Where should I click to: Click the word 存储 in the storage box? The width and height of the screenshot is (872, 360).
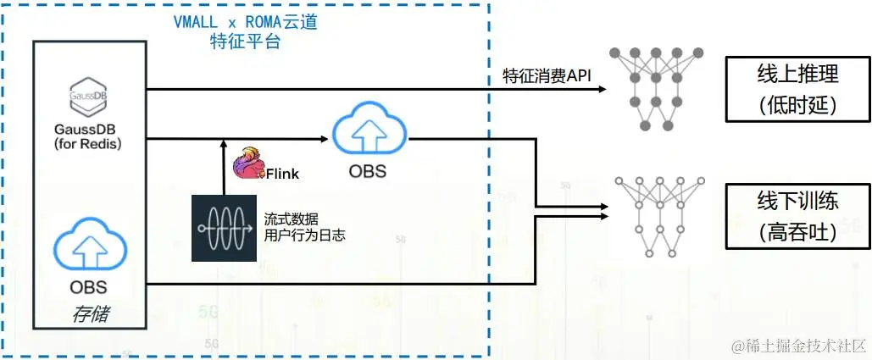pos(89,315)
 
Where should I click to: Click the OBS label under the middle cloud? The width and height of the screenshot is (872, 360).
pos(368,172)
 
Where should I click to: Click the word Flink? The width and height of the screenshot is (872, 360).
pos(281,174)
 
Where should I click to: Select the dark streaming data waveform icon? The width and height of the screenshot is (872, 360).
pos(224,227)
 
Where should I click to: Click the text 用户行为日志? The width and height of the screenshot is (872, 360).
pos(305,235)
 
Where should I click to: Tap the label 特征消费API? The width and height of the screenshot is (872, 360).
pos(547,77)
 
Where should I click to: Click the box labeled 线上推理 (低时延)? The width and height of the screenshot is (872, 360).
pos(797,90)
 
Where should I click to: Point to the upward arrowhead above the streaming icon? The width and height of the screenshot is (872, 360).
pos(223,144)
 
